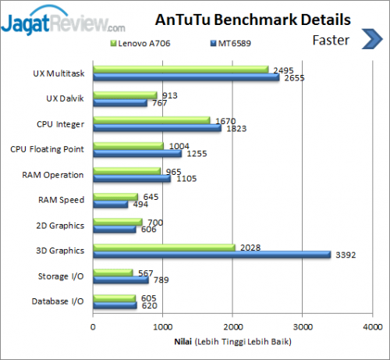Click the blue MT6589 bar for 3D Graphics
211,254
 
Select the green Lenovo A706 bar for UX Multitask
180,70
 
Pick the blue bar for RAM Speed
111,204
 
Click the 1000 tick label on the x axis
163,327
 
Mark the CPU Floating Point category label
48,148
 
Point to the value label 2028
247,248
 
